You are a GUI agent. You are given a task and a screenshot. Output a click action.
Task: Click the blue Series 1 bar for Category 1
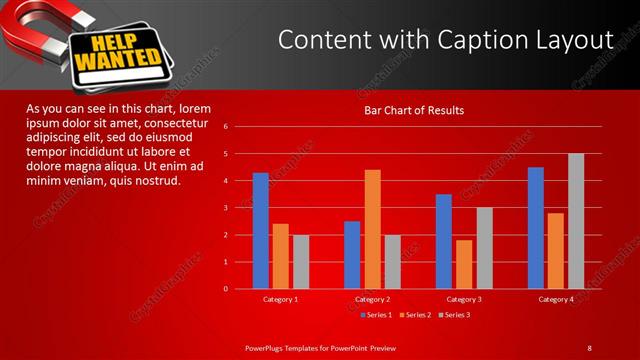pyautogui.click(x=260, y=231)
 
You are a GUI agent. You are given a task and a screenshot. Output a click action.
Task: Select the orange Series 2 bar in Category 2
pyautogui.click(x=372, y=229)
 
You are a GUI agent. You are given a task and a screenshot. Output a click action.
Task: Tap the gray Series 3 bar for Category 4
pyautogui.click(x=576, y=221)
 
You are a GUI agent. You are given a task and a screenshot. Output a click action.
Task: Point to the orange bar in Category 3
pyautogui.click(x=464, y=264)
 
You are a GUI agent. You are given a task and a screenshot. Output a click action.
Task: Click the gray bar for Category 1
pyautogui.click(x=301, y=262)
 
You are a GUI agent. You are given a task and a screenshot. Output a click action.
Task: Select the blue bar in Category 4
pyautogui.click(x=536, y=228)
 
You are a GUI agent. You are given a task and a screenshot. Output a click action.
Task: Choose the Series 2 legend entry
pyautogui.click(x=416, y=315)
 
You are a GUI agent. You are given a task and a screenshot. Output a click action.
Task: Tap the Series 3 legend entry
pyautogui.click(x=454, y=315)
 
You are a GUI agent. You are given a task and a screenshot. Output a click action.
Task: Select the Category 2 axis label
pyautogui.click(x=371, y=299)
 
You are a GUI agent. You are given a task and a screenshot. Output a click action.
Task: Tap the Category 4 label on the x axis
pyautogui.click(x=555, y=299)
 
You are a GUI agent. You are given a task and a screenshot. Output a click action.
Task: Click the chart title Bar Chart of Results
pyautogui.click(x=413, y=110)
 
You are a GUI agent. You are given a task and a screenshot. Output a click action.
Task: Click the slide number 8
pyautogui.click(x=590, y=347)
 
